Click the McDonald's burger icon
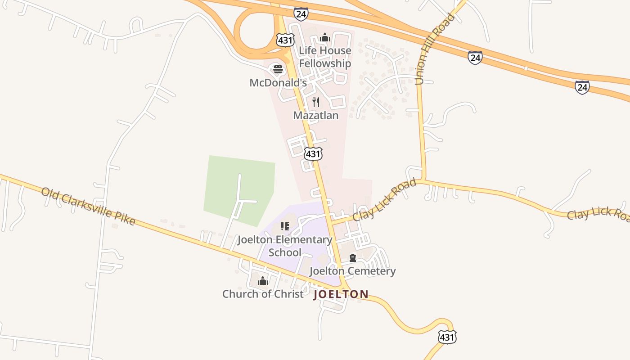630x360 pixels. coord(278,70)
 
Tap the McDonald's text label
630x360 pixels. coord(278,83)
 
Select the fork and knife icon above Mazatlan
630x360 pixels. coord(316,102)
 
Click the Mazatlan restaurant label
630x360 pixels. coord(316,115)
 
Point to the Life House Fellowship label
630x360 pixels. coord(325,57)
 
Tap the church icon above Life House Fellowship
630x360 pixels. coord(325,38)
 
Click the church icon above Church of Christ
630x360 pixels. coord(263,281)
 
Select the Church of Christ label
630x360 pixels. coord(263,294)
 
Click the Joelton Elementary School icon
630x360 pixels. coord(284,226)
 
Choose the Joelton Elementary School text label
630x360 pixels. coord(285,246)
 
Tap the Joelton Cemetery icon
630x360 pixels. coord(353,258)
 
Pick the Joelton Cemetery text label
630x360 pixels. coord(353,271)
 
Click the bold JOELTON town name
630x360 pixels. coord(341,294)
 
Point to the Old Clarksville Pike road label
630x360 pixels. coord(88,206)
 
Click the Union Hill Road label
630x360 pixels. coord(435,49)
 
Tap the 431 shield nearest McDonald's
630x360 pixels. coord(285,40)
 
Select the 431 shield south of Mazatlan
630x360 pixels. coord(313,154)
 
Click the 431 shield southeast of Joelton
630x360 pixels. coord(447,337)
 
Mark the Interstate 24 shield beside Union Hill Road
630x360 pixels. coord(475,58)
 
